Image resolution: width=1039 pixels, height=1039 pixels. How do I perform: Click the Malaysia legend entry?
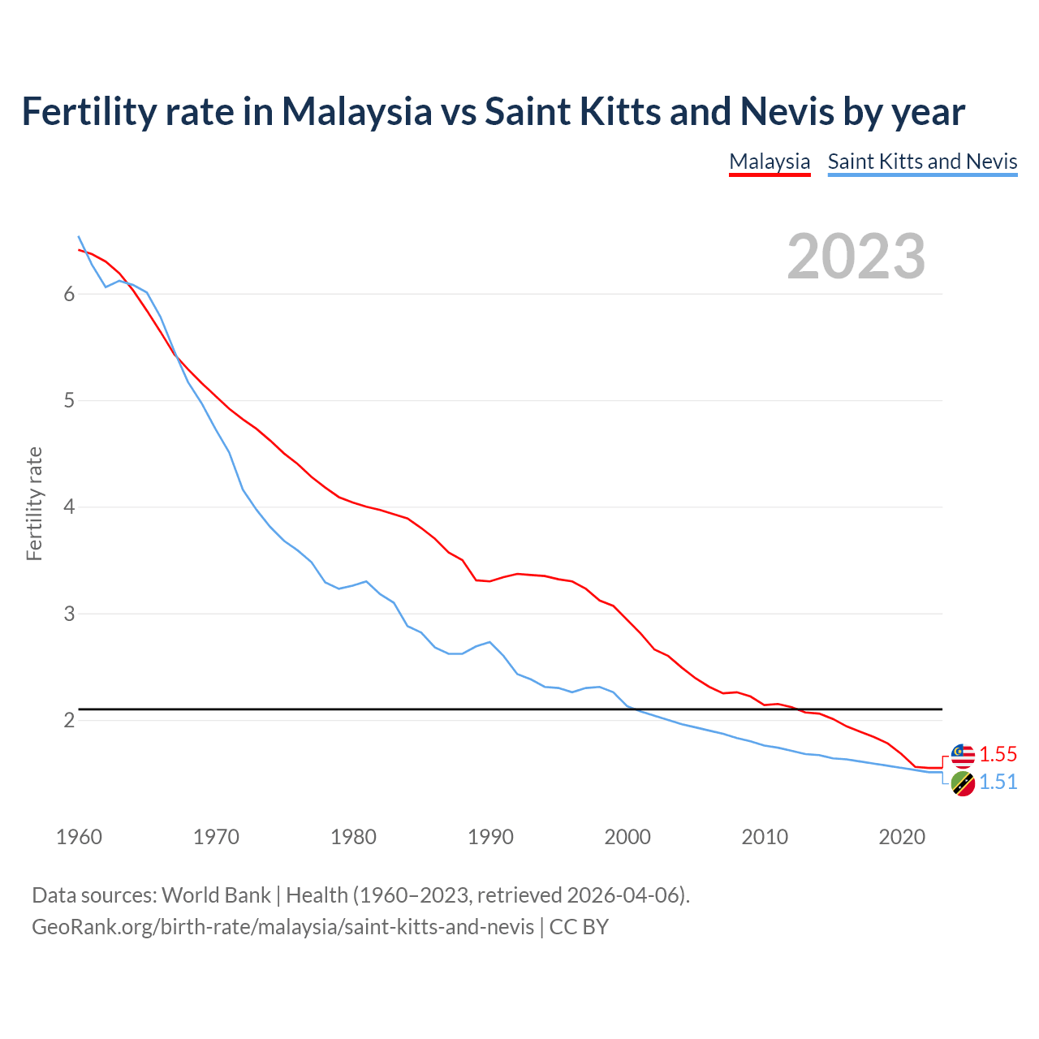(770, 162)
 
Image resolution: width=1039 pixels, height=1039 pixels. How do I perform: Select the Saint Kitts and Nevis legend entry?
(922, 162)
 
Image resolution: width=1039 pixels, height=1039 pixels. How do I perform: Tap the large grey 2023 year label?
(856, 257)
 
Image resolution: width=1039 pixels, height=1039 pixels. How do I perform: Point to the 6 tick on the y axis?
(69, 294)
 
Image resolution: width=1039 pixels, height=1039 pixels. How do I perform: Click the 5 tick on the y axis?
(69, 400)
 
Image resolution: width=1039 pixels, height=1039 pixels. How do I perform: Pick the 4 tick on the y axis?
(69, 507)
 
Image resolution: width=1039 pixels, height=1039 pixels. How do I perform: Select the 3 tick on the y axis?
(69, 614)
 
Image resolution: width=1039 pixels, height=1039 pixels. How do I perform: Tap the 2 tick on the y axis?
(69, 720)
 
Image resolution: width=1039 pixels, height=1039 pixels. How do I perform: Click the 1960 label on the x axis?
(79, 837)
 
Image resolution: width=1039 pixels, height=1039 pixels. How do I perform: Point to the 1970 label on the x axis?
(216, 837)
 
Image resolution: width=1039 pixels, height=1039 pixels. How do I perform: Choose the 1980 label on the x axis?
(353, 837)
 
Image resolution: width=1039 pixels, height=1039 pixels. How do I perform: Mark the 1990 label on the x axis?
(490, 837)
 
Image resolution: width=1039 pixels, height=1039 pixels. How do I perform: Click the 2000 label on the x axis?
(627, 837)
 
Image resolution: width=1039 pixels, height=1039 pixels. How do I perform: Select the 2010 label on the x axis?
(765, 837)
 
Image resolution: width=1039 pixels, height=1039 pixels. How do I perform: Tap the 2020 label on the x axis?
(902, 837)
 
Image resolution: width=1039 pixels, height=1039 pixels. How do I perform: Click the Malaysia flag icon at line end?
(963, 755)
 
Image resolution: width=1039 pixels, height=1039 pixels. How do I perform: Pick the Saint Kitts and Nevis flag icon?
(963, 783)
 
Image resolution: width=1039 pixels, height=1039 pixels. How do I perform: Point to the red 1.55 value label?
(998, 754)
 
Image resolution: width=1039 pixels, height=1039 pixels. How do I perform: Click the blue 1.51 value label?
(998, 782)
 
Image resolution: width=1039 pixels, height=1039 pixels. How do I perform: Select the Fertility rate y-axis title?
(34, 503)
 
